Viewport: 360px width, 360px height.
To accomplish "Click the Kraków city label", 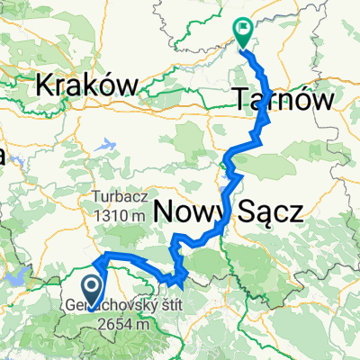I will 87,85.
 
